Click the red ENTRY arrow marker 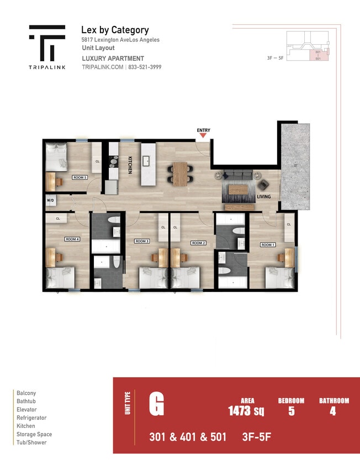coord(203,136)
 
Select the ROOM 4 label coord(72,239)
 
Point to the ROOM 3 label coord(142,241)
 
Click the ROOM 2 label coord(198,243)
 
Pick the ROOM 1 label coord(268,245)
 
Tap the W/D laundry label coord(50,200)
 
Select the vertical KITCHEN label coord(130,165)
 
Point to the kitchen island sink coord(147,161)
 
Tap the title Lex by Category coord(115,30)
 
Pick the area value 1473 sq coord(246,411)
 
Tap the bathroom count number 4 coord(333,411)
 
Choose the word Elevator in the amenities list coord(27,410)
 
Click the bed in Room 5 coord(56,155)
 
